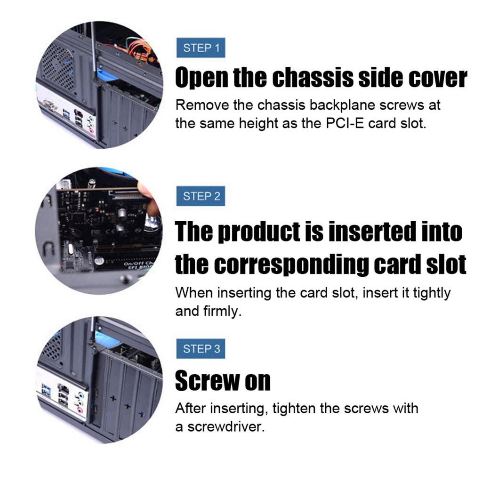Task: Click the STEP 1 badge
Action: (201, 48)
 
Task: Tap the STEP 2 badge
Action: (201, 196)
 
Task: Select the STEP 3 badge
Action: (201, 349)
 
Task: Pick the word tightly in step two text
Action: (432, 293)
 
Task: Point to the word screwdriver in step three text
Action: (226, 427)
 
